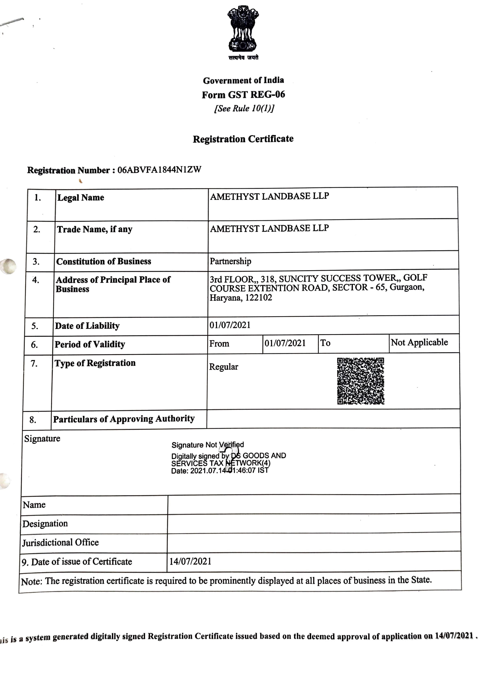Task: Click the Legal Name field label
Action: point(81,198)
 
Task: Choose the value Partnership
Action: point(230,261)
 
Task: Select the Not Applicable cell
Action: point(419,342)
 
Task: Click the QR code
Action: point(360,381)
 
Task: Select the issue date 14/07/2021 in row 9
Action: point(190,561)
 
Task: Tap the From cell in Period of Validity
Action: point(219,344)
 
